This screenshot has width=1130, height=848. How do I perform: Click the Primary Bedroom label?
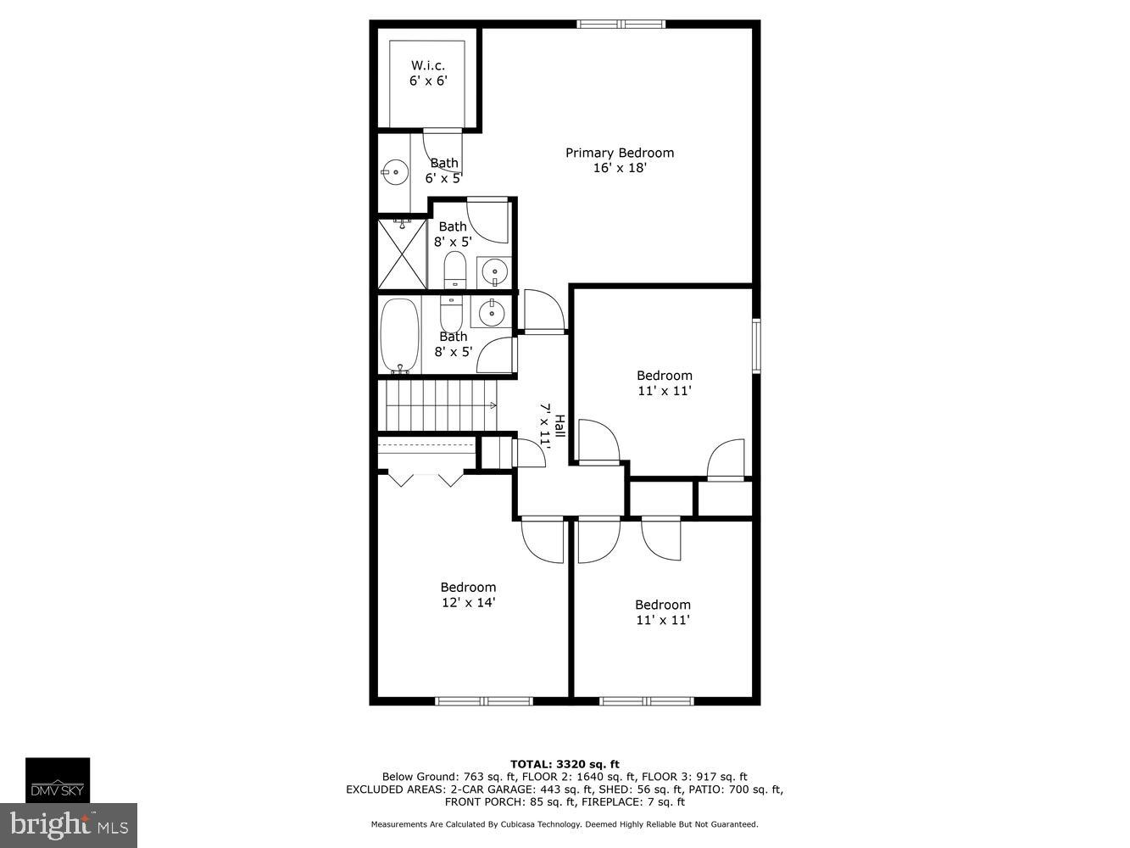coord(620,160)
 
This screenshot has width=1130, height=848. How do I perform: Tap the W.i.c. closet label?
coord(427,74)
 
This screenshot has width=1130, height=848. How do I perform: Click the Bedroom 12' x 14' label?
coord(467,594)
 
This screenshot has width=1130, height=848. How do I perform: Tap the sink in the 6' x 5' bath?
coord(394,173)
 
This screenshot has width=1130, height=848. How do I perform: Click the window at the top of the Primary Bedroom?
coord(621,24)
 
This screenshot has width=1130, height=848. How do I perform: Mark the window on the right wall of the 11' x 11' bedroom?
coord(756,345)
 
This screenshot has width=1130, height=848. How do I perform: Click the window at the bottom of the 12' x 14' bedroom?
coord(484,701)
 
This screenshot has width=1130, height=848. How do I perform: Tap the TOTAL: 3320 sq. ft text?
coord(565,764)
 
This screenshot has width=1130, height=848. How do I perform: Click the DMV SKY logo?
coord(58,781)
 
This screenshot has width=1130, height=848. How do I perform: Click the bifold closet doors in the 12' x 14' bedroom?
coord(426,479)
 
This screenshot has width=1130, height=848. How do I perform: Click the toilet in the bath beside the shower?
coord(455,270)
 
